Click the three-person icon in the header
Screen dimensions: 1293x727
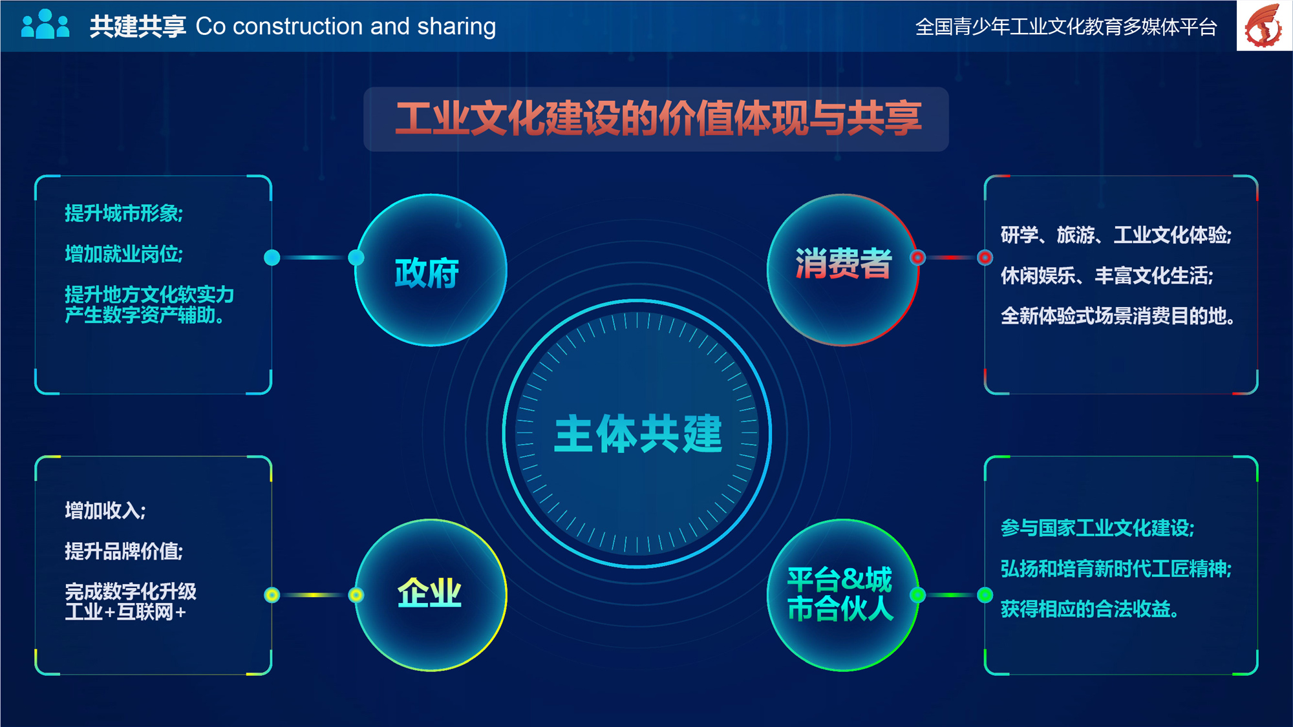tap(45, 25)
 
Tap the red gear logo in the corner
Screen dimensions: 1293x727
tap(1264, 26)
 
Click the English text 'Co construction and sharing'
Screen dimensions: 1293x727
tap(346, 26)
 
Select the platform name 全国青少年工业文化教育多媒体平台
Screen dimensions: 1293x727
tap(1066, 27)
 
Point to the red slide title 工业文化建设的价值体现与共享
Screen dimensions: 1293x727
tap(659, 119)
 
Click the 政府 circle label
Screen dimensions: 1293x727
tap(427, 273)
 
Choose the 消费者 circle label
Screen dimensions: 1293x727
tap(844, 263)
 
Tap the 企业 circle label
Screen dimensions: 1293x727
tap(429, 593)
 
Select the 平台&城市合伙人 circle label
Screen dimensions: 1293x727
tap(840, 594)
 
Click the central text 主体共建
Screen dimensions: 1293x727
tap(638, 434)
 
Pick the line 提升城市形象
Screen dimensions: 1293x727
tap(123, 213)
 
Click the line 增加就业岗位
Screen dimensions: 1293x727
tap(123, 254)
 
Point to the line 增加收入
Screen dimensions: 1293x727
tap(105, 511)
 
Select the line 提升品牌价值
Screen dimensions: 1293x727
tap(123, 551)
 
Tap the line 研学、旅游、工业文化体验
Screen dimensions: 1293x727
tap(1117, 235)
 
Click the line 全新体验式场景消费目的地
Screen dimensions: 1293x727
tap(1118, 316)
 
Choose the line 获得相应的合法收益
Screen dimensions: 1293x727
tap(1089, 609)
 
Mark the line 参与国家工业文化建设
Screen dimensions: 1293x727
tap(1098, 528)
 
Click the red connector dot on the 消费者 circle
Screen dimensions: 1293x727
tap(917, 258)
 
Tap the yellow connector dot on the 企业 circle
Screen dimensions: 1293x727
tap(356, 595)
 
